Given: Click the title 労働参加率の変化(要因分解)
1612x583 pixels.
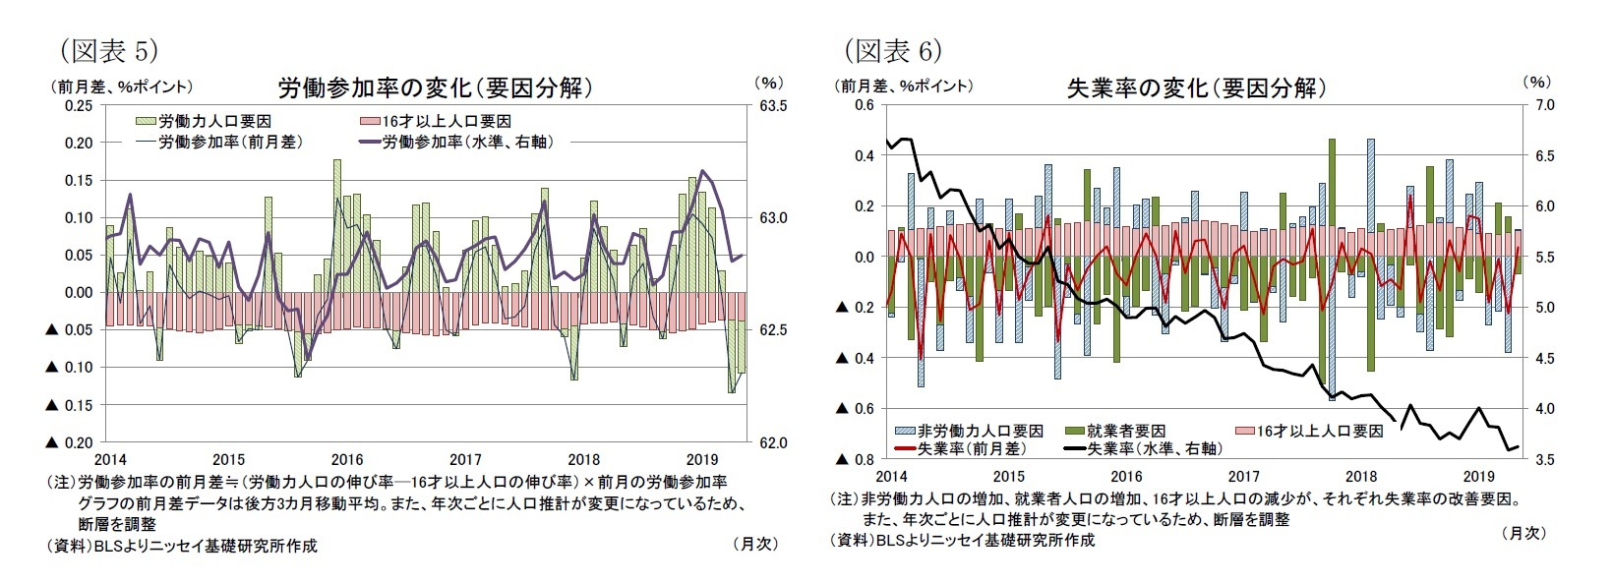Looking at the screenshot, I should click(436, 87).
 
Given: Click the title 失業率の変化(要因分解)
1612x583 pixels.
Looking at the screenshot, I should click(1196, 87).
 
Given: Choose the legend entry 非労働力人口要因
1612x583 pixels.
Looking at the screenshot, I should click(980, 431).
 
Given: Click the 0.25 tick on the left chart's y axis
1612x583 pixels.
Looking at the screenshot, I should click(79, 105).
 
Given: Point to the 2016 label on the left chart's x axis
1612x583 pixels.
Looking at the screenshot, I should click(347, 459).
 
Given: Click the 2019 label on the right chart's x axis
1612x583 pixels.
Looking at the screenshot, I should click(1479, 476).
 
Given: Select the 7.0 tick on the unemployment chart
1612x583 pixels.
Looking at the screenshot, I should click(1544, 105).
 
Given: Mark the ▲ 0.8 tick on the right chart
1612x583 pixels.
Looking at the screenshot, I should click(853, 459).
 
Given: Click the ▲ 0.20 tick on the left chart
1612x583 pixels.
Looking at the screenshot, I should click(69, 442).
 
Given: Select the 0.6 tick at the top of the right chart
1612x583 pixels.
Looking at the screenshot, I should click(864, 105).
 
